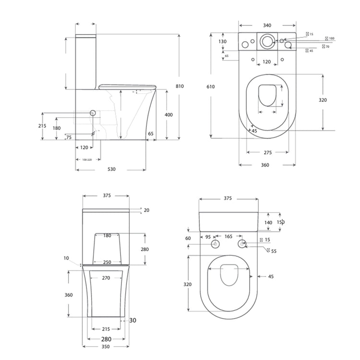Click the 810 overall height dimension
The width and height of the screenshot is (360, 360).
pos(180,86)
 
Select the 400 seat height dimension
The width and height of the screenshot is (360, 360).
pos(168,115)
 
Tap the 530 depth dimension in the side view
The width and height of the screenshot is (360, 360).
pos(111,169)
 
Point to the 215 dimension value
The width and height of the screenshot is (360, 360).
pos(42,126)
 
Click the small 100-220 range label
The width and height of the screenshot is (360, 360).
pos(87,159)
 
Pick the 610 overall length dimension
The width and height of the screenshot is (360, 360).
pos(211,86)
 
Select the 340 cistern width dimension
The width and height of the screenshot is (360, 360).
pos(267,25)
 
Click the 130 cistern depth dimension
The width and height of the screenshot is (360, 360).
pos(223,42)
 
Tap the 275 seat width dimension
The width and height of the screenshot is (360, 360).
pos(268,152)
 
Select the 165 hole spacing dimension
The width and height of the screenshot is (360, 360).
pos(228,237)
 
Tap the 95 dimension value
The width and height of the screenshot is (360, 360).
pos(208,237)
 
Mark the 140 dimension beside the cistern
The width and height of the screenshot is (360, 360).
pos(268,223)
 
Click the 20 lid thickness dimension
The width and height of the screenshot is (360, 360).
pos(146,210)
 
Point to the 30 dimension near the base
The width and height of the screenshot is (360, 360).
pos(133,320)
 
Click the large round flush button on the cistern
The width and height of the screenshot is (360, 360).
pos(267,41)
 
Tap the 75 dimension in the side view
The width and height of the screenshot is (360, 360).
pos(69,137)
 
